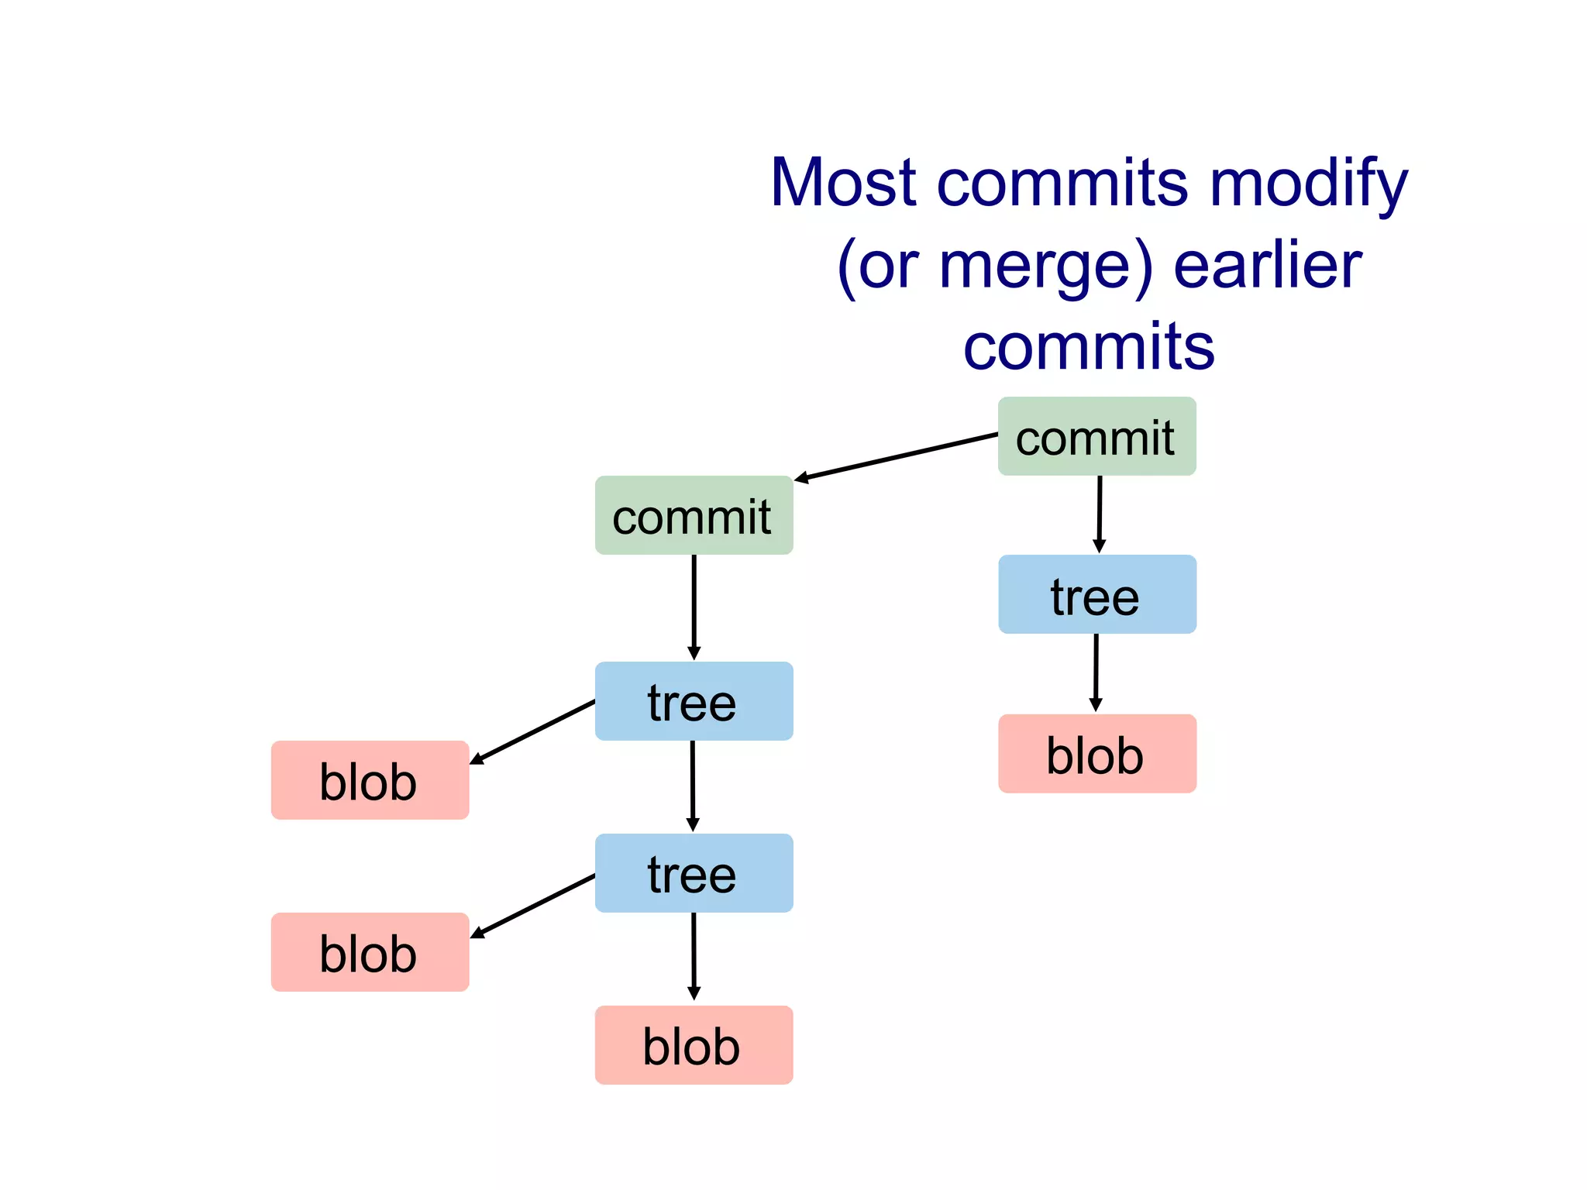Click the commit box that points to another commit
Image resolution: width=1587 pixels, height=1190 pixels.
click(1096, 436)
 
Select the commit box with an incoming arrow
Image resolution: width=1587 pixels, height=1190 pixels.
click(694, 515)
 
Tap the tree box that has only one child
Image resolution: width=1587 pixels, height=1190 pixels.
click(1096, 594)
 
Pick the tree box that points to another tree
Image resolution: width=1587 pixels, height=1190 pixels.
click(694, 701)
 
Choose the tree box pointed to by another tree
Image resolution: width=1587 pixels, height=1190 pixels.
click(694, 873)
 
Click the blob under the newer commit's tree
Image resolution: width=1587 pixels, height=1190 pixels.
click(1096, 754)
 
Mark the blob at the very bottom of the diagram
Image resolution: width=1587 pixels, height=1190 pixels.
click(694, 1045)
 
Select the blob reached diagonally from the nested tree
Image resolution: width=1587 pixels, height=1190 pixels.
click(370, 952)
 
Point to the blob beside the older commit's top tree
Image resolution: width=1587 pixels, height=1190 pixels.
click(370, 780)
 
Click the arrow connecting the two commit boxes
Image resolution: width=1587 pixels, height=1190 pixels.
click(896, 457)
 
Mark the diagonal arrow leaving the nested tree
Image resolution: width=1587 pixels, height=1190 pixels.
click(533, 906)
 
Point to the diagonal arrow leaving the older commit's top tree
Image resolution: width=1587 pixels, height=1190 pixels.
click(533, 732)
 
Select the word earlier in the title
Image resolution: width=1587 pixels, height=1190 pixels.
click(1268, 266)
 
